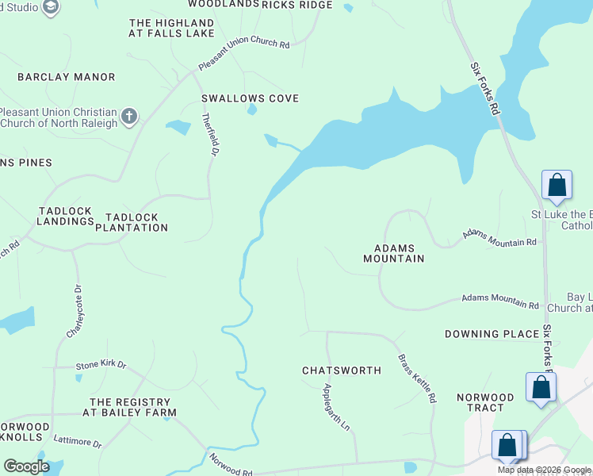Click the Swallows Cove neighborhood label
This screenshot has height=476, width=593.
tap(250, 98)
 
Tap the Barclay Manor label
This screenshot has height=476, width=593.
tap(67, 77)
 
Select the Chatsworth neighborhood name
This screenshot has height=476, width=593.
tap(342, 370)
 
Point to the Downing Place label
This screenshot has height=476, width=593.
tap(492, 334)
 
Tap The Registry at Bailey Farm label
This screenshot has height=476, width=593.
tap(132, 408)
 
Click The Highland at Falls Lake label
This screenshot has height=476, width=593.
tap(171, 29)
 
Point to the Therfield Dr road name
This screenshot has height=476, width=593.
tap(208, 134)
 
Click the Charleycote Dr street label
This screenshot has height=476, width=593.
tap(74, 312)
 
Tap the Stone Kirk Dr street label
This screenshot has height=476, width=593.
tap(101, 365)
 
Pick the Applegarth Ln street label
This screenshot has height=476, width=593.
tap(335, 407)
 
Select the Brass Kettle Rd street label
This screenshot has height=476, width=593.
tap(417, 378)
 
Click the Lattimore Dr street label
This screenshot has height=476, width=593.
tap(78, 440)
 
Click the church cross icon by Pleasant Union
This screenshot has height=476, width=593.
tap(129, 118)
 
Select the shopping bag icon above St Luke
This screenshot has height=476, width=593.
tap(557, 185)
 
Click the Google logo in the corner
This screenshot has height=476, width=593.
tap(26, 466)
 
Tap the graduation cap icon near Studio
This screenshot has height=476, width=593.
tap(51, 8)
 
